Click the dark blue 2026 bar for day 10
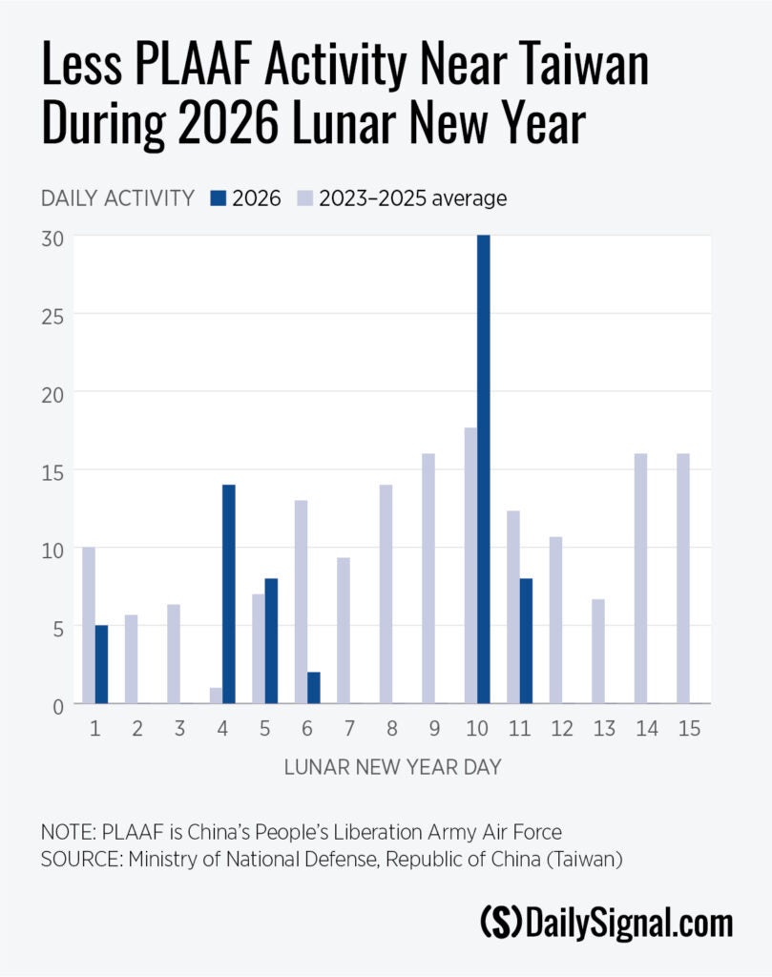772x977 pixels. pyautogui.click(x=484, y=469)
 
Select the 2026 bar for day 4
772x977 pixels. pyautogui.click(x=229, y=593)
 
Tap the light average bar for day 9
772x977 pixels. pyautogui.click(x=428, y=578)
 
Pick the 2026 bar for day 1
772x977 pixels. pyautogui.click(x=102, y=664)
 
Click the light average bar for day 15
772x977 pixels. pyautogui.click(x=683, y=578)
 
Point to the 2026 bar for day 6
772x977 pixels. pyautogui.click(x=314, y=687)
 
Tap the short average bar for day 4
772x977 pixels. pyautogui.click(x=216, y=696)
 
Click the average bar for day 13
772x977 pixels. pyautogui.click(x=598, y=651)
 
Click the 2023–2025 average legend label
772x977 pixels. pyautogui.click(x=412, y=198)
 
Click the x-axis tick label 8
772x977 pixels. pyautogui.click(x=393, y=728)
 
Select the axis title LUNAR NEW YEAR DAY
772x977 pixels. pyautogui.click(x=392, y=768)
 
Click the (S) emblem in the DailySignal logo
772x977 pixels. pyautogui.click(x=501, y=924)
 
